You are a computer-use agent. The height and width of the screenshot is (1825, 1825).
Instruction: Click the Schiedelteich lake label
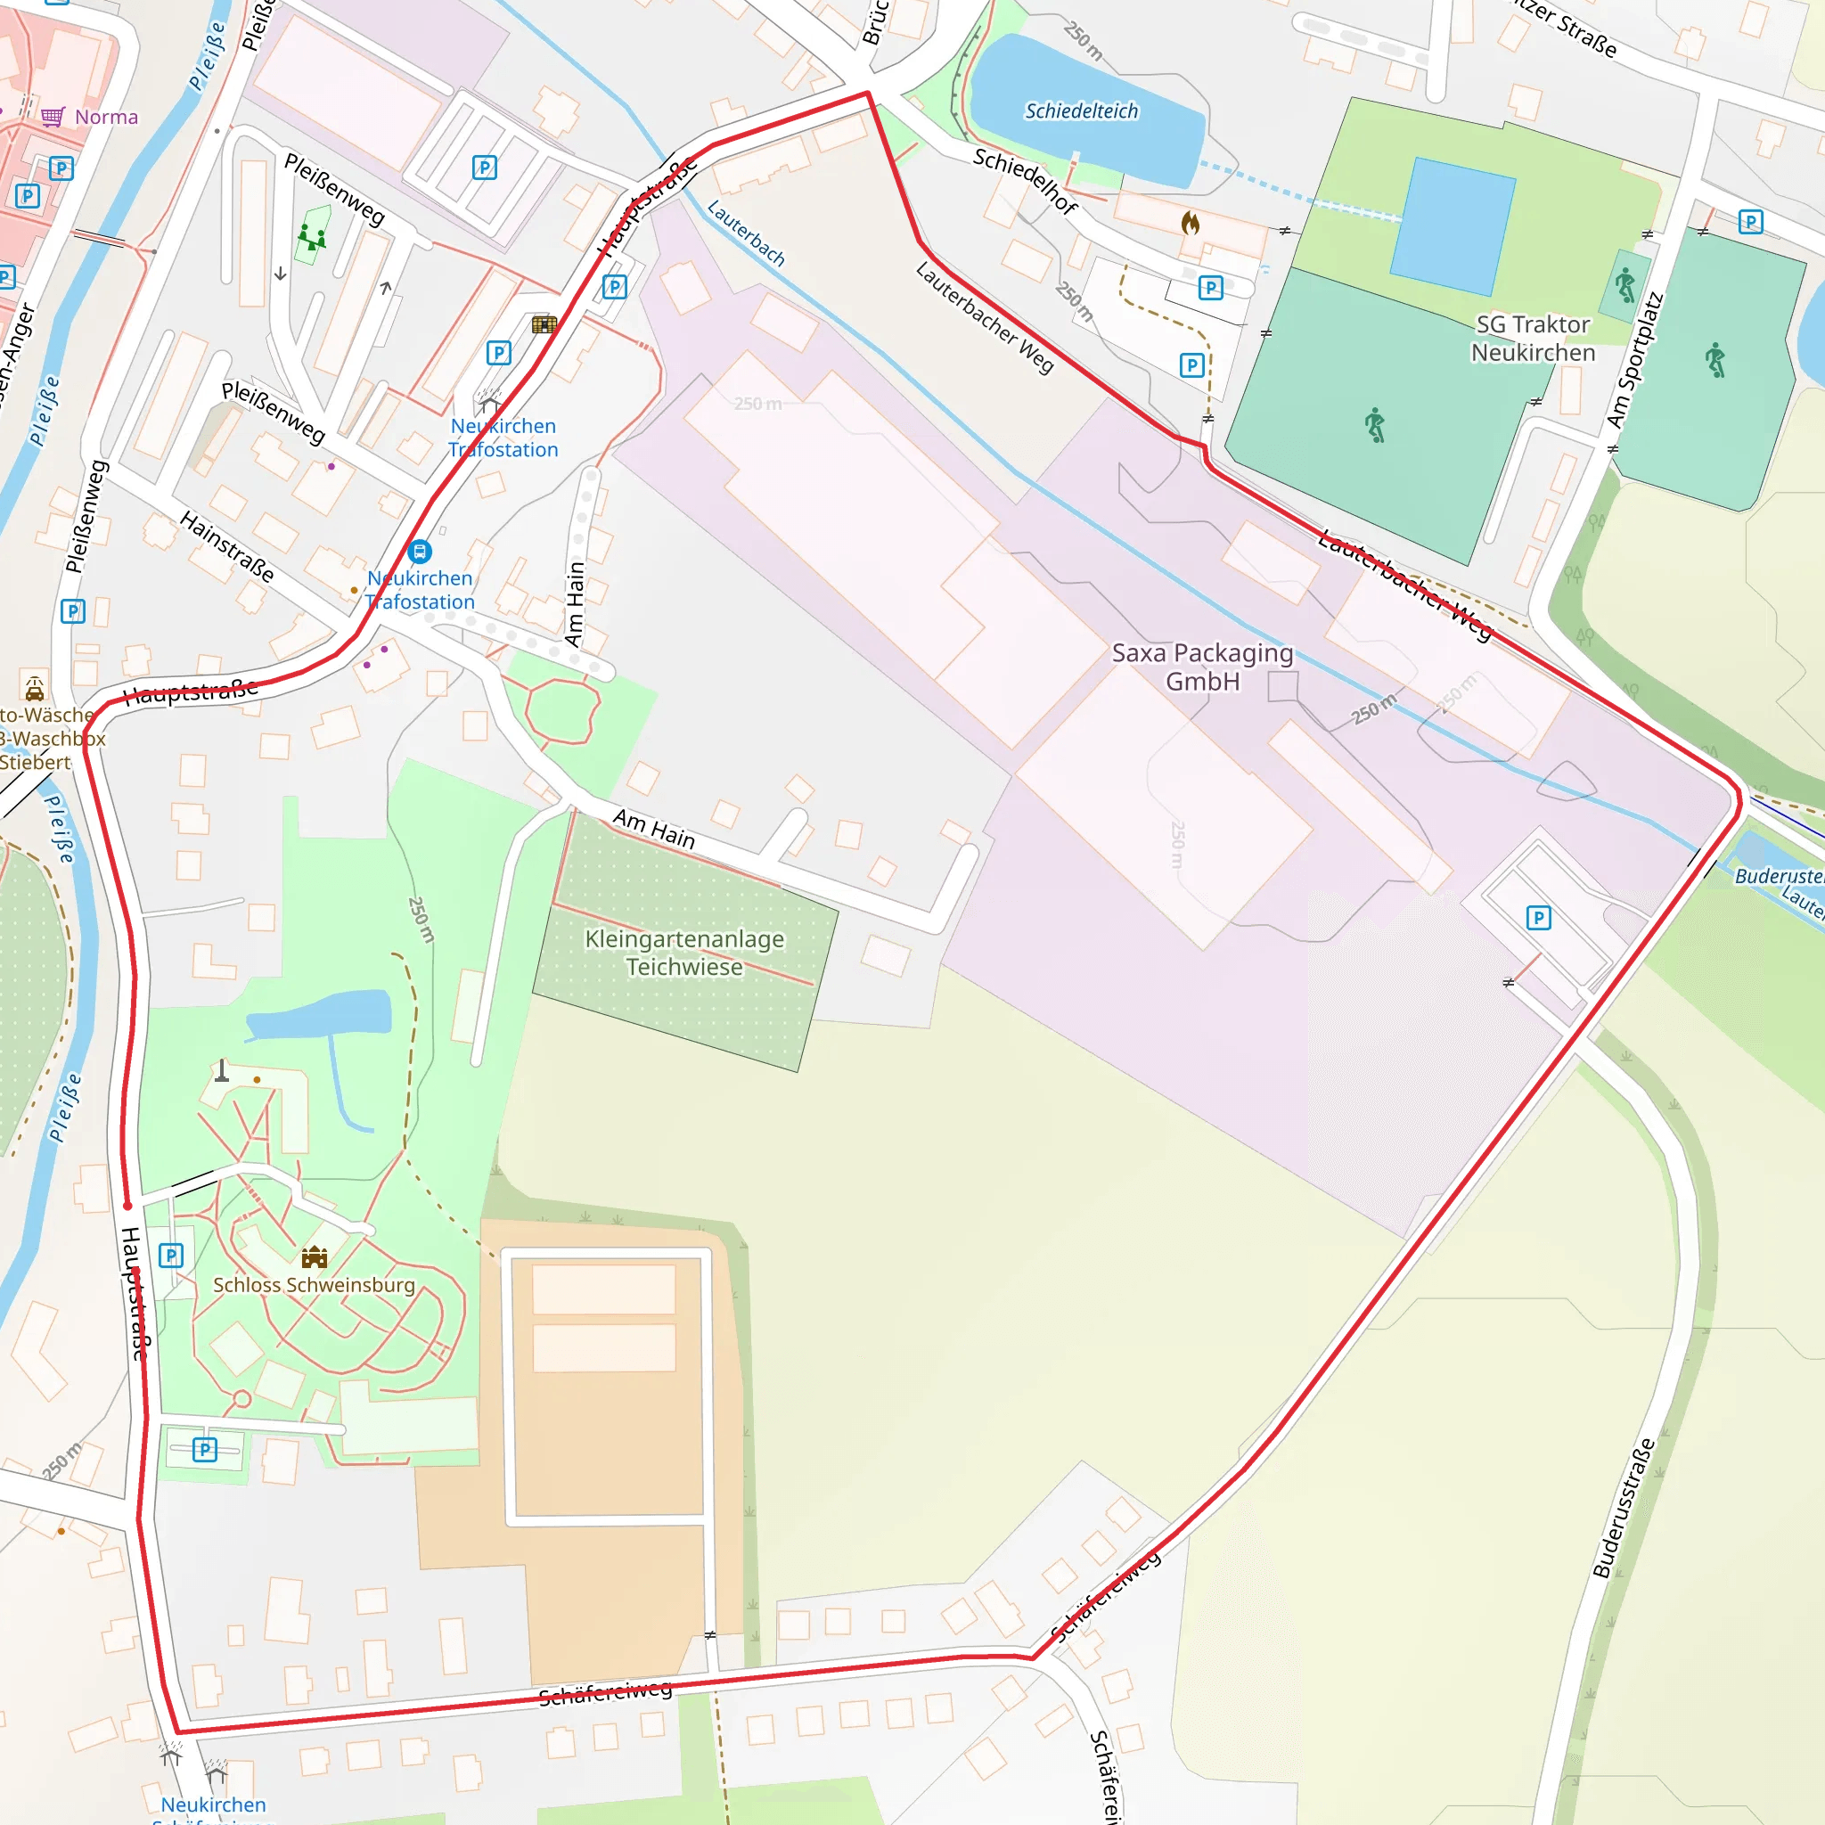coord(1082,111)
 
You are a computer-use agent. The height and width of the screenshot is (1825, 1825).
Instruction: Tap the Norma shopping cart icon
coord(53,117)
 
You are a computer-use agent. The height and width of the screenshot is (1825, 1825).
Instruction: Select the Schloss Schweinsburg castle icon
coord(315,1257)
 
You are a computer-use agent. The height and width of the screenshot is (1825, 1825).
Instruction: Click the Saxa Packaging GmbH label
coord(1201,667)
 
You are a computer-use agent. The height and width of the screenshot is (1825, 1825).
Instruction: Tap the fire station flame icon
coord(1191,224)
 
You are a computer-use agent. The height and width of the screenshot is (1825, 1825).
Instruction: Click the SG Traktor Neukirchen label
coord(1532,338)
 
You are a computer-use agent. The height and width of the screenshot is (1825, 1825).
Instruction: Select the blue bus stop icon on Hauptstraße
coord(420,552)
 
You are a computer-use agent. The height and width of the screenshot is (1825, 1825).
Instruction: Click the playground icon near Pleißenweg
coord(312,236)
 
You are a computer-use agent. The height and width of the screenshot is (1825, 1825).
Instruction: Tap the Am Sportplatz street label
coord(1633,360)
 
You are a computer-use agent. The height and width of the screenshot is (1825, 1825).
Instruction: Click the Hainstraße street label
coord(226,547)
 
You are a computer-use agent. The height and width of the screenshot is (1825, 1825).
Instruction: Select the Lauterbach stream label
coord(745,233)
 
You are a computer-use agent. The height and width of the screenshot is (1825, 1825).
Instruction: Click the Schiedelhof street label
coord(1025,180)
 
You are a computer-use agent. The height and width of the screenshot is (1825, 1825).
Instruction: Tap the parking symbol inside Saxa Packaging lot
coord(1538,917)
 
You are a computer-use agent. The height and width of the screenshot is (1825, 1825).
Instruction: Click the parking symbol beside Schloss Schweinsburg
coord(171,1256)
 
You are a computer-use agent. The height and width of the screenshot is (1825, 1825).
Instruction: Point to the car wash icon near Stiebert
coord(35,688)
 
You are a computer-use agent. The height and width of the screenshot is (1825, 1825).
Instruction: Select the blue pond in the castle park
coord(321,1014)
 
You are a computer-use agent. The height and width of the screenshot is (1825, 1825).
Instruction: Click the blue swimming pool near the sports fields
coord(1452,226)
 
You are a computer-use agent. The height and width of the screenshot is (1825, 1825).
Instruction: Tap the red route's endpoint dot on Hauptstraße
coord(127,1207)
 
